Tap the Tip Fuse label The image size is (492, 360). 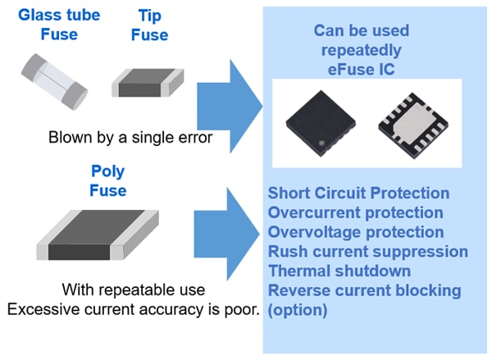[149, 25]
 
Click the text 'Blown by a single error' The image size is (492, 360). [130, 137]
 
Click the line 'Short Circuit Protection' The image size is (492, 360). [358, 194]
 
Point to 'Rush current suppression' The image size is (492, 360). [367, 252]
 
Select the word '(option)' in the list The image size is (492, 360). [296, 310]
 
